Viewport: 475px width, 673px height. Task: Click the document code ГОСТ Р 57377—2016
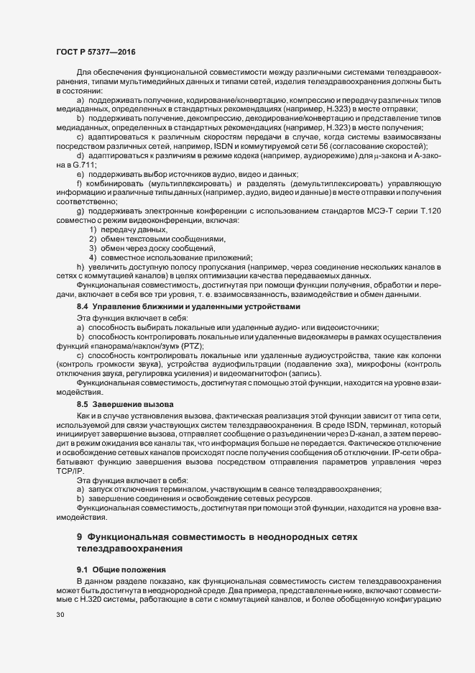95,53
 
